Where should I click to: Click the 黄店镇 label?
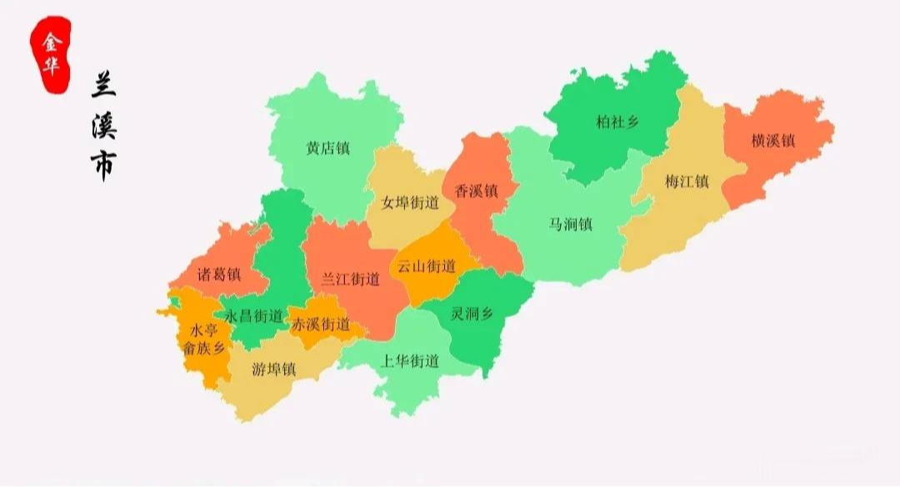(327, 148)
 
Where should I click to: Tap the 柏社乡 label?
(617, 122)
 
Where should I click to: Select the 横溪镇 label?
(772, 140)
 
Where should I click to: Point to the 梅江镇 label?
(687, 181)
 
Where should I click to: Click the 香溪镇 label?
(476, 191)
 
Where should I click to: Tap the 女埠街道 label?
(409, 202)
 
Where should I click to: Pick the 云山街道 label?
(426, 266)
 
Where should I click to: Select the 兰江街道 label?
(350, 279)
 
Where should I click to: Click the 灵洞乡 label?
(472, 315)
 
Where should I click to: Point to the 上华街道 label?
(408, 361)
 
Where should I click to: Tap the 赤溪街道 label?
(320, 324)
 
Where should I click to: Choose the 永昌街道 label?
(254, 316)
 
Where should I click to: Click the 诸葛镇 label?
(218, 274)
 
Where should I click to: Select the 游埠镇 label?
(273, 369)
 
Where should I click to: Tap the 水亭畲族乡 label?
(204, 340)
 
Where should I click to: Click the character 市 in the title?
(104, 165)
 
